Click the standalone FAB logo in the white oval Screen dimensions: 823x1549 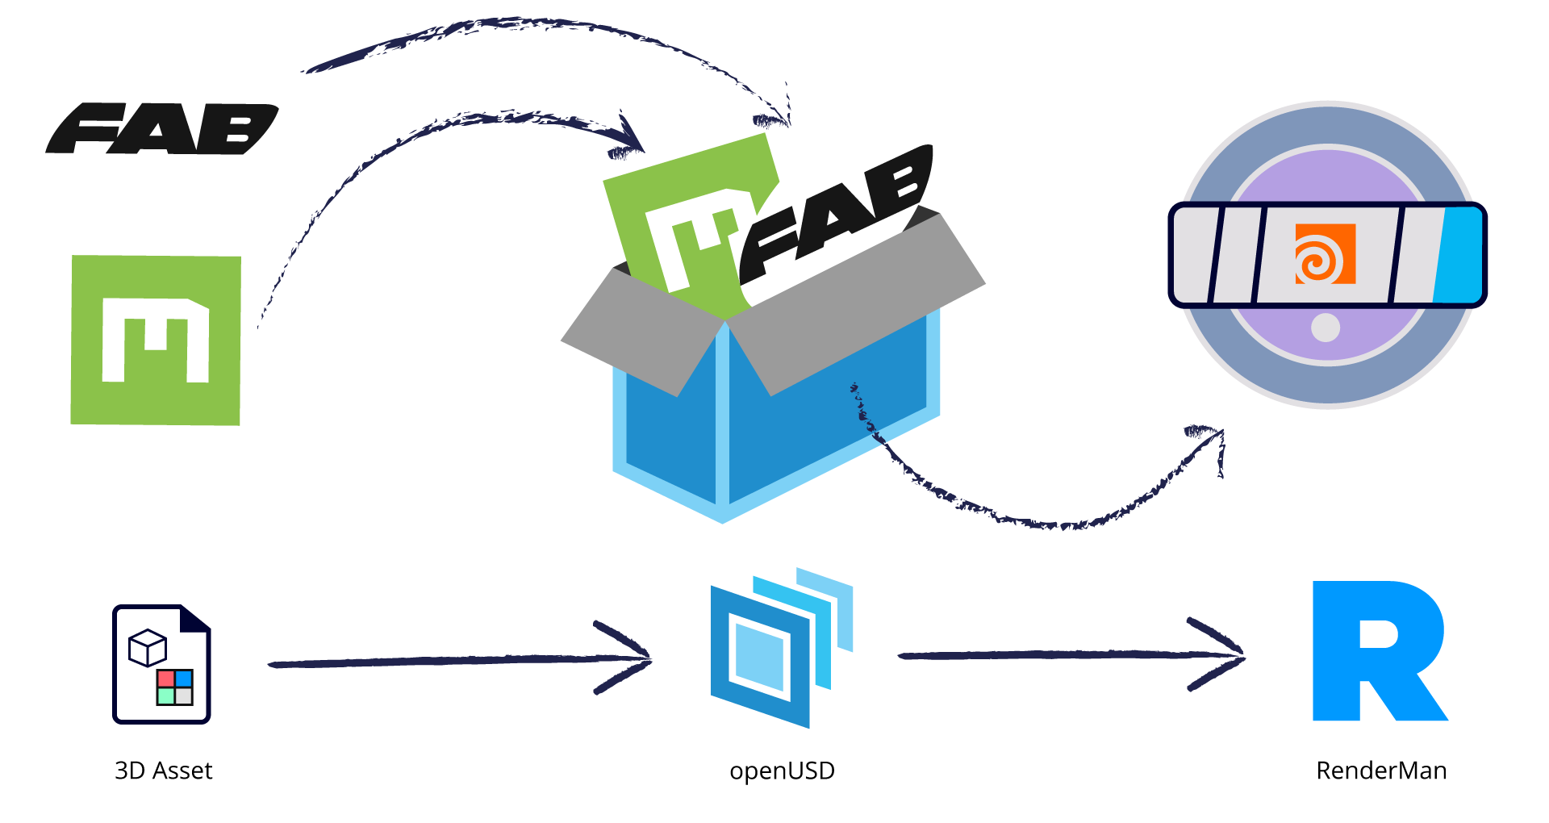tap(161, 129)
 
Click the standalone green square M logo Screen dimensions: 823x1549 tap(156, 340)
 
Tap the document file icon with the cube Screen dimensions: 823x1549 tap(161, 664)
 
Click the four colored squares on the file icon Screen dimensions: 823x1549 tap(175, 687)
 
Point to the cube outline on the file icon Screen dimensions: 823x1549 tap(147, 648)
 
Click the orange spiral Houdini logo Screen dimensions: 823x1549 tap(1325, 254)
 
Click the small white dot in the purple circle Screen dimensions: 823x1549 tap(1326, 328)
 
